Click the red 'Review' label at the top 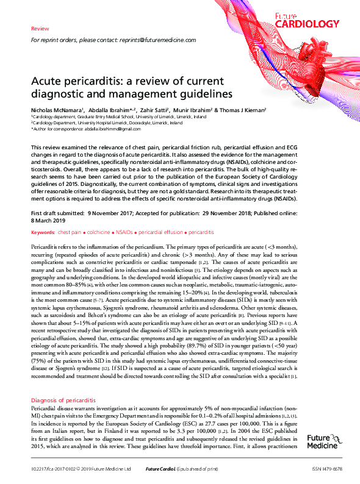(x=39, y=29)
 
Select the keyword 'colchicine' (x=99, y=233)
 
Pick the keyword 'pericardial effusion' (x=161, y=233)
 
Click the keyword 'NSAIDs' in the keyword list (x=126, y=233)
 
